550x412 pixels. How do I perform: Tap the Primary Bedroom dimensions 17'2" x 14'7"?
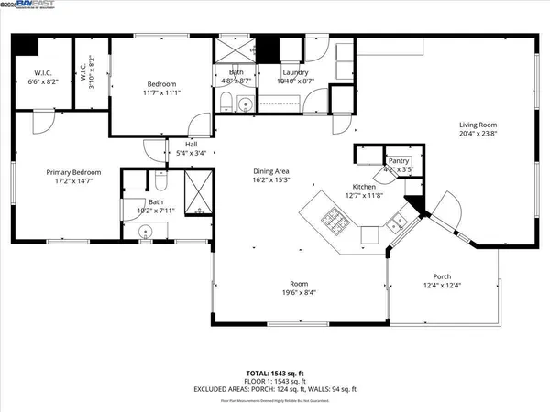coord(74,181)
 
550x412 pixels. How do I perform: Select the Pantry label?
coord(398,160)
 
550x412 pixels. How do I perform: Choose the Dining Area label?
coord(271,171)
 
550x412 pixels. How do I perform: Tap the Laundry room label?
coord(294,72)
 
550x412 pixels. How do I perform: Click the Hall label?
coord(191,145)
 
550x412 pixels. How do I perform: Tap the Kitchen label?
coord(358,186)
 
